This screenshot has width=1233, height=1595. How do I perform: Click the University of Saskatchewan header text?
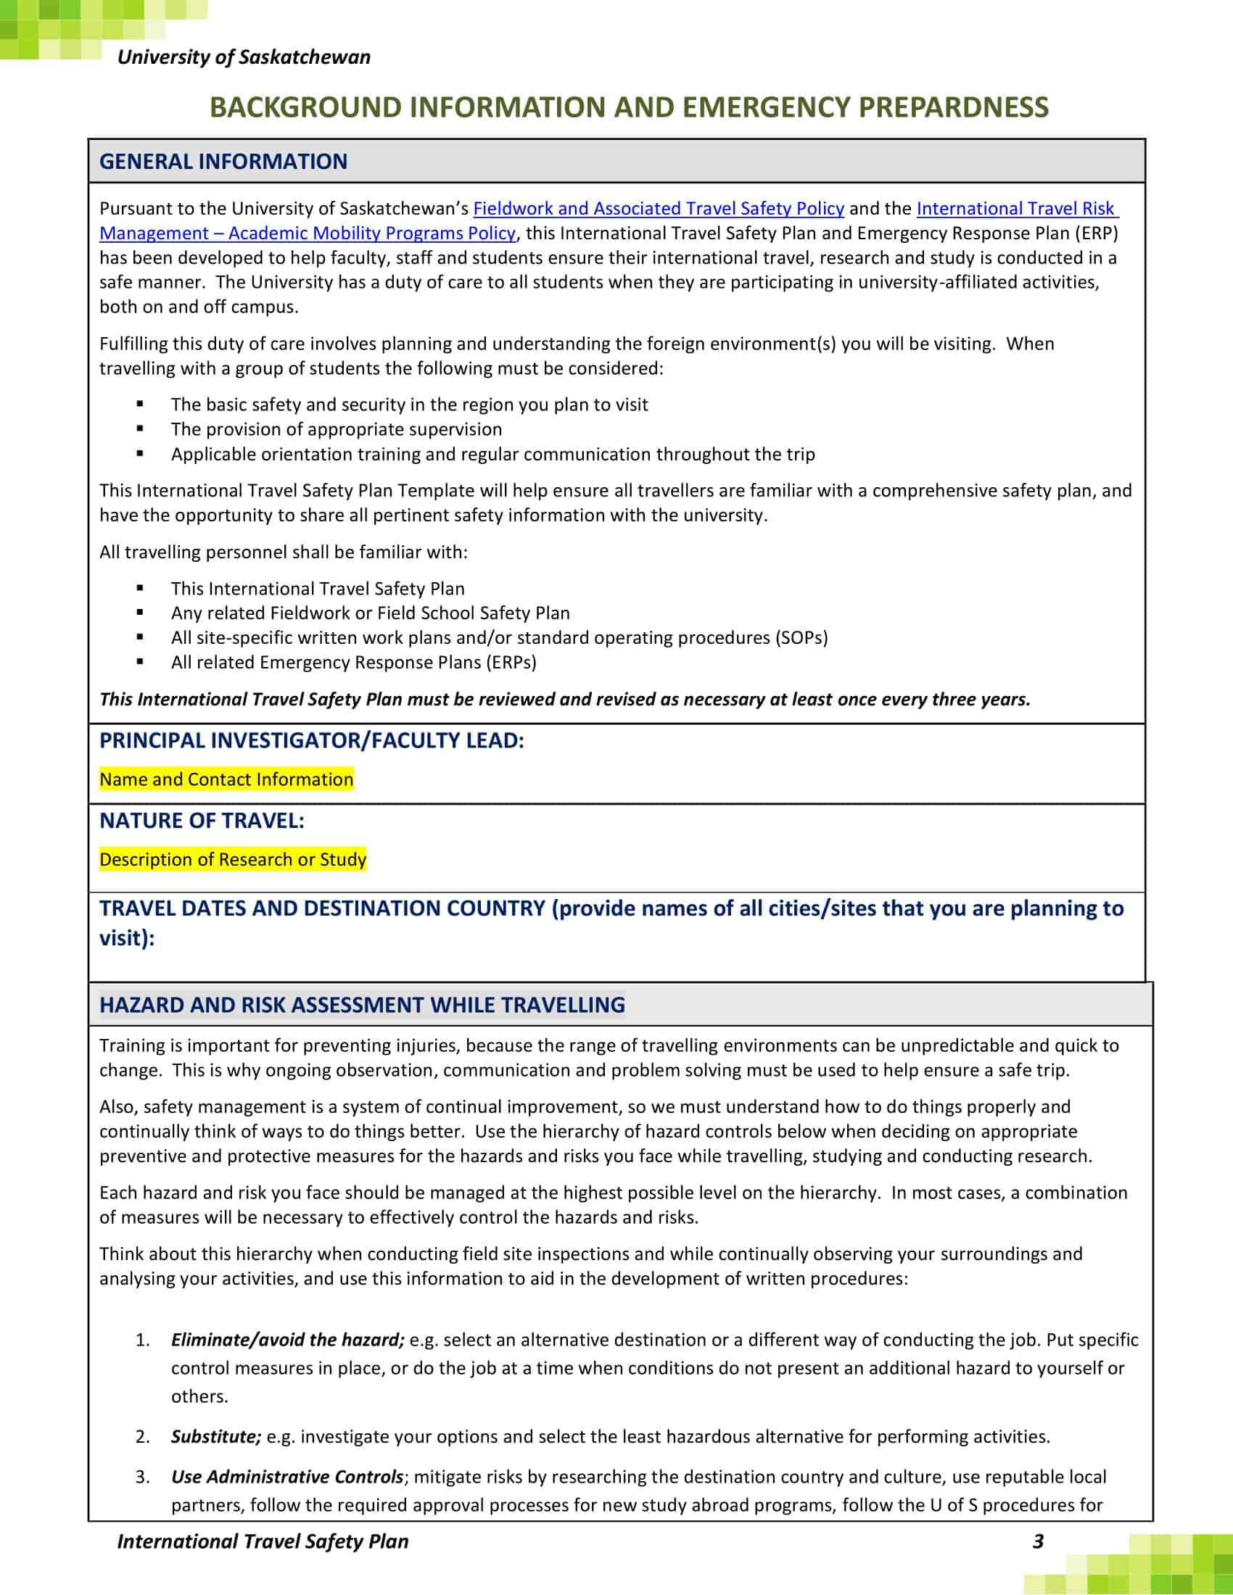pos(243,57)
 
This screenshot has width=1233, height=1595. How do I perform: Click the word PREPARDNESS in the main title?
pos(953,107)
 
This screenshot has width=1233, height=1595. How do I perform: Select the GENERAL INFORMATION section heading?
pos(223,162)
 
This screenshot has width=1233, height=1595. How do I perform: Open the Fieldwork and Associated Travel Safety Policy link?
pos(658,209)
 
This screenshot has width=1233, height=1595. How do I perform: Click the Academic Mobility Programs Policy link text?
pos(372,233)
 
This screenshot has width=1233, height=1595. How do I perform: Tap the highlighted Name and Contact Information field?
pos(226,779)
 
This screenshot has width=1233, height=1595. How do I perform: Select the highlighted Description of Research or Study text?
pos(232,860)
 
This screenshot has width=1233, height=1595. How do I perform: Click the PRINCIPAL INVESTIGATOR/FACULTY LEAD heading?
pos(311,740)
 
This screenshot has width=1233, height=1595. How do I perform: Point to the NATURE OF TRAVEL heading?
pos(202,821)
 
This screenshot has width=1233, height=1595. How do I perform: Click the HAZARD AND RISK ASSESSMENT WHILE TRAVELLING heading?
pos(362,1005)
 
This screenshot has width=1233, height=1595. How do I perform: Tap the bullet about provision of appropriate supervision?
pos(336,429)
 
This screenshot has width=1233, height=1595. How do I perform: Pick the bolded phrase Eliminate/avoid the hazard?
pos(287,1339)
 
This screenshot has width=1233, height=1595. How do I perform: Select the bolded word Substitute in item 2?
pos(215,1436)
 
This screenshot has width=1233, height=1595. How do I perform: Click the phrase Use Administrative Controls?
pos(286,1477)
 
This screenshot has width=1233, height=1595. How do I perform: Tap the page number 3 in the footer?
pos(1038,1541)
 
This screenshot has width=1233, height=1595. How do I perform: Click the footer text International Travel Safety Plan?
pos(263,1541)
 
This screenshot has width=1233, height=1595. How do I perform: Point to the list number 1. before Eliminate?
pos(142,1339)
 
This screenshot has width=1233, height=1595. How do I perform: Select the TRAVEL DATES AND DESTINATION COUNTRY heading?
pos(321,908)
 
